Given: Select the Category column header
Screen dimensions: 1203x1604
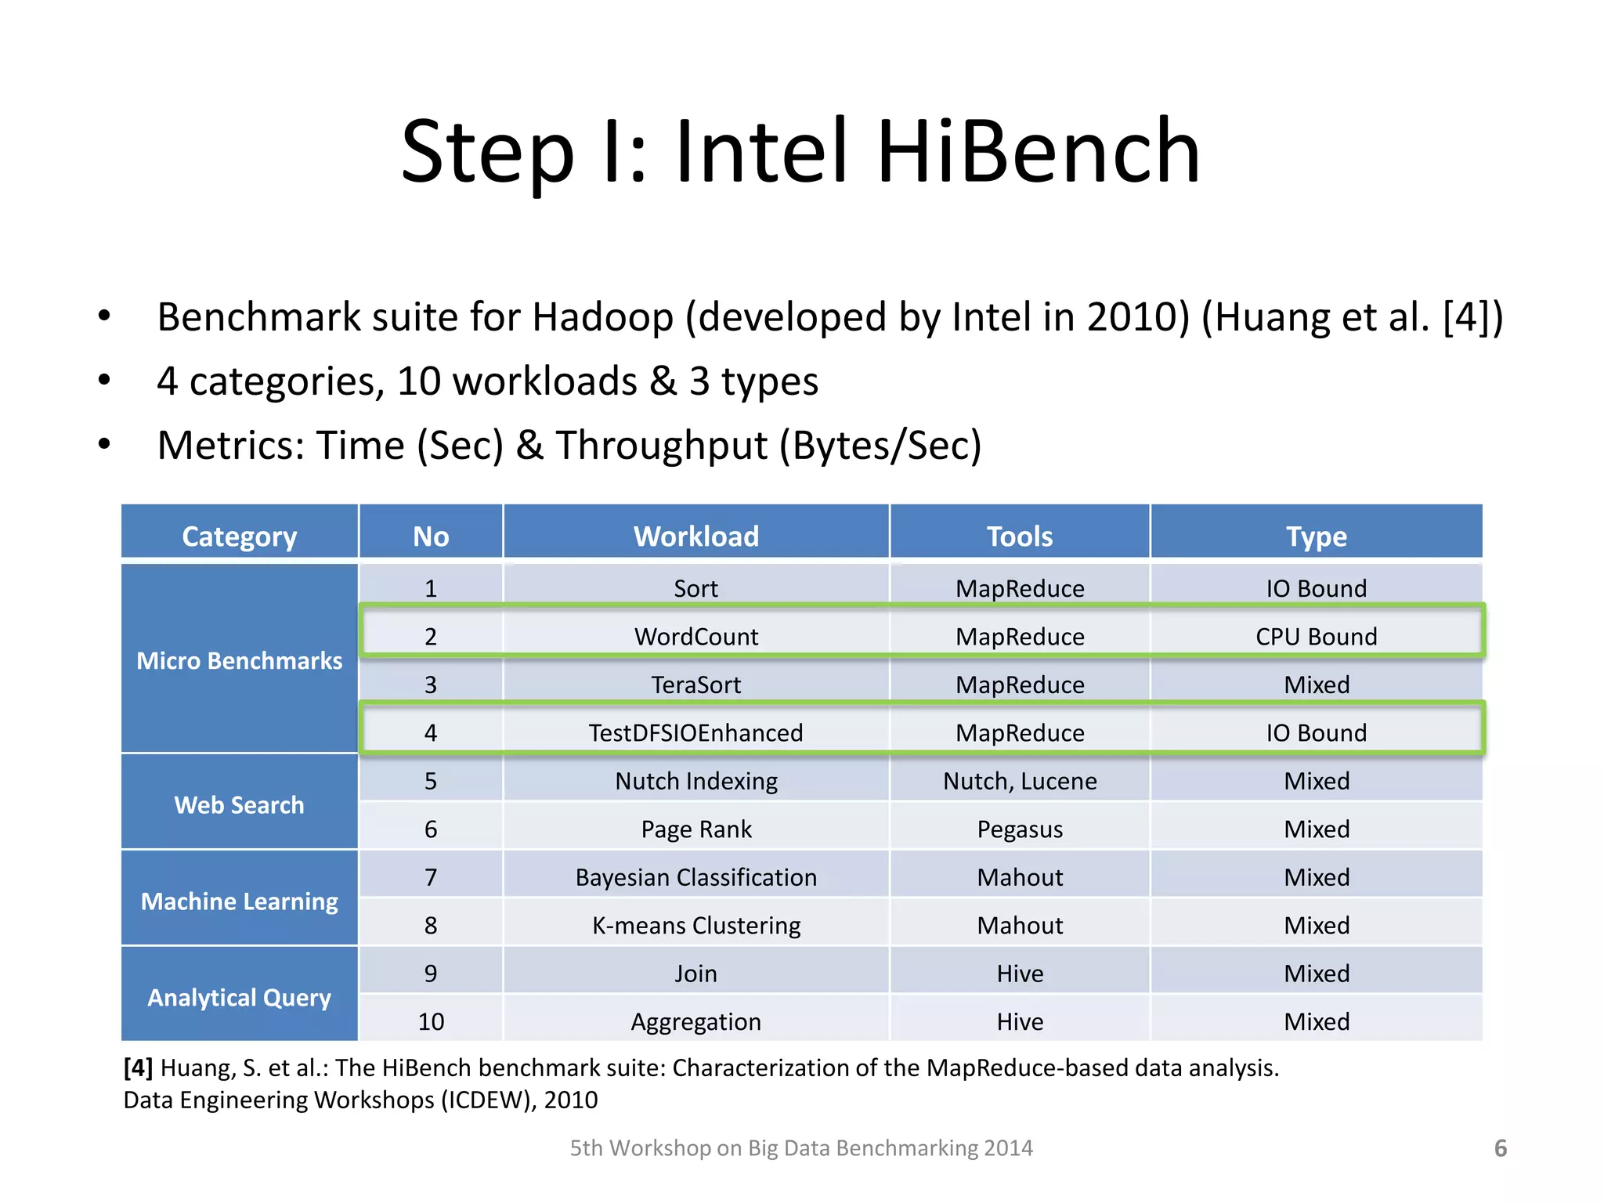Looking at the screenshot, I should click(239, 536).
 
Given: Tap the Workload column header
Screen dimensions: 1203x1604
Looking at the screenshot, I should click(695, 536).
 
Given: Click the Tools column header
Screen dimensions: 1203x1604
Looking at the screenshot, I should click(1019, 536).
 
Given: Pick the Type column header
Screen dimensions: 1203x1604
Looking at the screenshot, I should click(1316, 536).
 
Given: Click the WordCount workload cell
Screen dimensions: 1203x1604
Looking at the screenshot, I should click(695, 637).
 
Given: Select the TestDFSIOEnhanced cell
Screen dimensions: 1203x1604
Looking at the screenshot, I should click(695, 733).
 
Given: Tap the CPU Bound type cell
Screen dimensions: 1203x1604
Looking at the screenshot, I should click(1316, 637).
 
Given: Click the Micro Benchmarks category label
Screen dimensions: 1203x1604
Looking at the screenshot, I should click(239, 661).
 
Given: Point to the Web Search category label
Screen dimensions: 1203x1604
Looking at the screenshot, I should click(239, 805).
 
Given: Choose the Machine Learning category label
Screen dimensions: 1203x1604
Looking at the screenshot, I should click(239, 901).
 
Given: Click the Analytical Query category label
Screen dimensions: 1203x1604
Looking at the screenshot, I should click(239, 998).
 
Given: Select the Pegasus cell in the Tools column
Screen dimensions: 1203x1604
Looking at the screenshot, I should click(1019, 829).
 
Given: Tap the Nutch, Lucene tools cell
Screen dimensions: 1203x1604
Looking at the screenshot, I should click(1019, 781).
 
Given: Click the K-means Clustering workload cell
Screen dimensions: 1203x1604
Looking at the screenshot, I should click(695, 926).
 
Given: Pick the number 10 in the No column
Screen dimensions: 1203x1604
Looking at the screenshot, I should click(431, 1022).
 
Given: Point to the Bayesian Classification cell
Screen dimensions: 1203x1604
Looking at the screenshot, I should click(695, 877).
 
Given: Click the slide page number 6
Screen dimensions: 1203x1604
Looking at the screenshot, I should click(1500, 1148).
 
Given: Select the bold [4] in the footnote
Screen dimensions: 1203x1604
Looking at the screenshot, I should click(138, 1068).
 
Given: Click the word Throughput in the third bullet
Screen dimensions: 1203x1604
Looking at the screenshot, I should click(662, 446).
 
